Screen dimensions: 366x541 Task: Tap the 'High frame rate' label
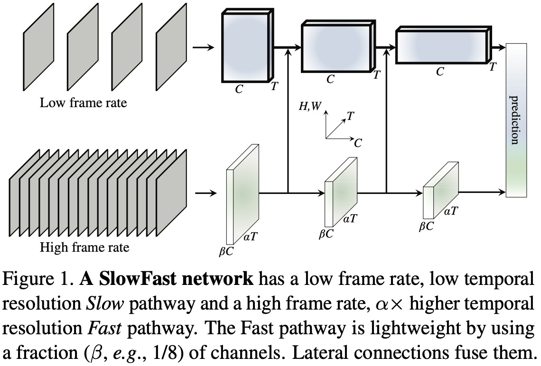(84, 247)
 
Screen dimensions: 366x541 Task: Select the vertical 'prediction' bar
(517, 120)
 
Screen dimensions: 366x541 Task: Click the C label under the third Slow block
(440, 72)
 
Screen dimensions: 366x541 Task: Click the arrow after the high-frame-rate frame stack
(205, 193)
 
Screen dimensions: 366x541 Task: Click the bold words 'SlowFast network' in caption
(167, 280)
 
